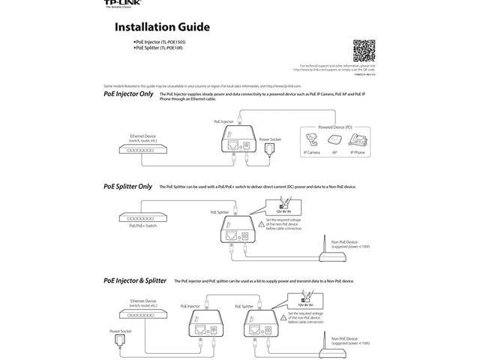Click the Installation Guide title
(x=161, y=28)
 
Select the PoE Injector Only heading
(x=128, y=94)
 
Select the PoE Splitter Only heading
(x=127, y=186)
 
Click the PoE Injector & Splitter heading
(x=135, y=280)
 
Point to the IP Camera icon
(x=311, y=139)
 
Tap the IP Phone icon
(x=358, y=139)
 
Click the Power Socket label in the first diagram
(x=269, y=139)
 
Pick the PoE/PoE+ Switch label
(x=142, y=225)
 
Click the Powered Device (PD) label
(x=334, y=127)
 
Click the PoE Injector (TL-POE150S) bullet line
(x=160, y=42)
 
